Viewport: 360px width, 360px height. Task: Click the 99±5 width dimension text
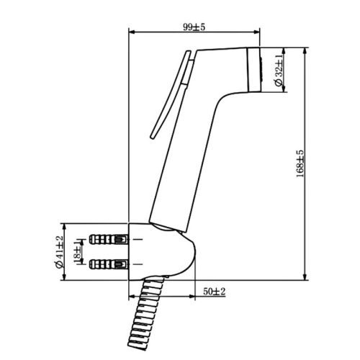pyautogui.click(x=194, y=26)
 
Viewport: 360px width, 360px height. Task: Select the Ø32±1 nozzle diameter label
pyautogui.click(x=279, y=71)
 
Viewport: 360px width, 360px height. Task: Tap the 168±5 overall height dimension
pyautogui.click(x=299, y=164)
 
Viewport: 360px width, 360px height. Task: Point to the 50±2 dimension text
pyautogui.click(x=215, y=291)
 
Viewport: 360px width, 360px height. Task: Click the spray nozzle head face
pyautogui.click(x=254, y=71)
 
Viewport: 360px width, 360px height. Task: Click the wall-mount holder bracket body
pyautogui.click(x=162, y=252)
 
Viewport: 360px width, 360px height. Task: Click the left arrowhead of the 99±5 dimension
pyautogui.click(x=131, y=32)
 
